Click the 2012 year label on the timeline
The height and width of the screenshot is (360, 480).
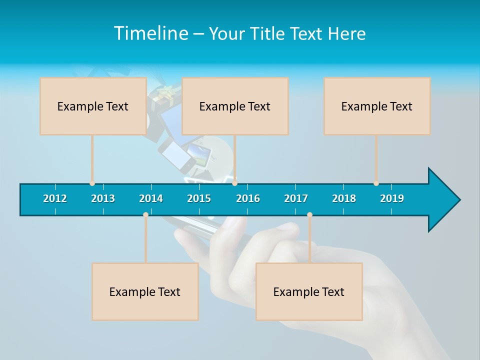click(55, 198)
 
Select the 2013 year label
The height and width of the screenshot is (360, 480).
click(103, 198)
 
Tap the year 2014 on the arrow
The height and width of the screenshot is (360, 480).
click(151, 198)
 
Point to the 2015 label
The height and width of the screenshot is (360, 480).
click(199, 198)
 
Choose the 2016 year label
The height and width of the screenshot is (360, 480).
click(248, 198)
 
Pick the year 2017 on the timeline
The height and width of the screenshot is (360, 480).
click(296, 198)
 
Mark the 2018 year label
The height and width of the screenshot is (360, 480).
click(344, 198)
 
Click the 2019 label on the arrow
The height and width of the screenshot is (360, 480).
click(392, 198)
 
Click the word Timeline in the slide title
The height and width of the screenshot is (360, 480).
click(149, 33)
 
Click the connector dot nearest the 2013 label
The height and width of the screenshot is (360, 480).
click(92, 183)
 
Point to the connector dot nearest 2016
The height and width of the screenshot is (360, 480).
click(234, 183)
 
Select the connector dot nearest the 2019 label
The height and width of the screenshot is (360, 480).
click(376, 183)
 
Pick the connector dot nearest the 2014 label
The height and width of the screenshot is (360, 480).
click(145, 214)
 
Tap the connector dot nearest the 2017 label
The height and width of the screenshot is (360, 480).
click(309, 214)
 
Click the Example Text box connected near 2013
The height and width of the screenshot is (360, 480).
click(93, 106)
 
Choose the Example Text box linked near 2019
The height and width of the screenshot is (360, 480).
click(377, 106)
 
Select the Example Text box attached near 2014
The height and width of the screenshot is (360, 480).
click(145, 291)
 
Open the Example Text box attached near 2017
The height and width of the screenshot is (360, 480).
click(309, 291)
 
